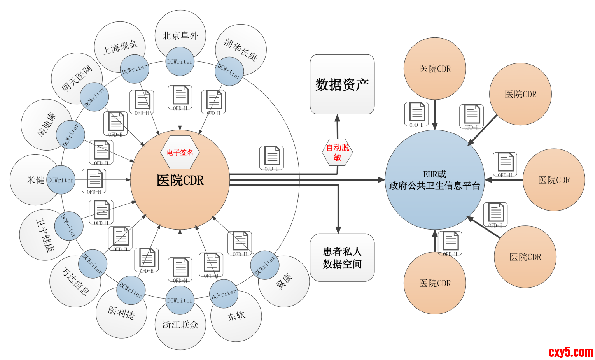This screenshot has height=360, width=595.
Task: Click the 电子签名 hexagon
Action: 180,152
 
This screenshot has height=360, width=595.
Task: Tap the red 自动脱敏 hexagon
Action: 338,152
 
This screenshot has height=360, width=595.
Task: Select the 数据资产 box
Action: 342,84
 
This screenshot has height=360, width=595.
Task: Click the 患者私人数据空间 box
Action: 342,258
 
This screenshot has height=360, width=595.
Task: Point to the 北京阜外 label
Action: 180,35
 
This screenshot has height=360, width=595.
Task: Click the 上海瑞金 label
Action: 120,47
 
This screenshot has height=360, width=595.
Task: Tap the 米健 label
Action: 35,180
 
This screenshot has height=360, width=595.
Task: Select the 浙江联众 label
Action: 180,325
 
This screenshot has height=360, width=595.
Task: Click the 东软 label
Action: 236,316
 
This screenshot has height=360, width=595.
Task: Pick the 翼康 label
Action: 284,281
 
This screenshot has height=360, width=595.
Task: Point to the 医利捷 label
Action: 121,312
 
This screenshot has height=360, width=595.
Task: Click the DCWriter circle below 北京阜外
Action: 180,61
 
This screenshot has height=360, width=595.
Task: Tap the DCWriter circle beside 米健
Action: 61,180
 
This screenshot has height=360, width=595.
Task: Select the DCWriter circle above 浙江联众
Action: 180,300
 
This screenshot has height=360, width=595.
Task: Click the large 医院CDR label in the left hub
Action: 180,180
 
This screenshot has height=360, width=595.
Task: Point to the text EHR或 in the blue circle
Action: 434,174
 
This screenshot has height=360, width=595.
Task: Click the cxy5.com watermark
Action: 570,352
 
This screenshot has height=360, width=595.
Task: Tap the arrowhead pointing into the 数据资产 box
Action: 338,118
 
